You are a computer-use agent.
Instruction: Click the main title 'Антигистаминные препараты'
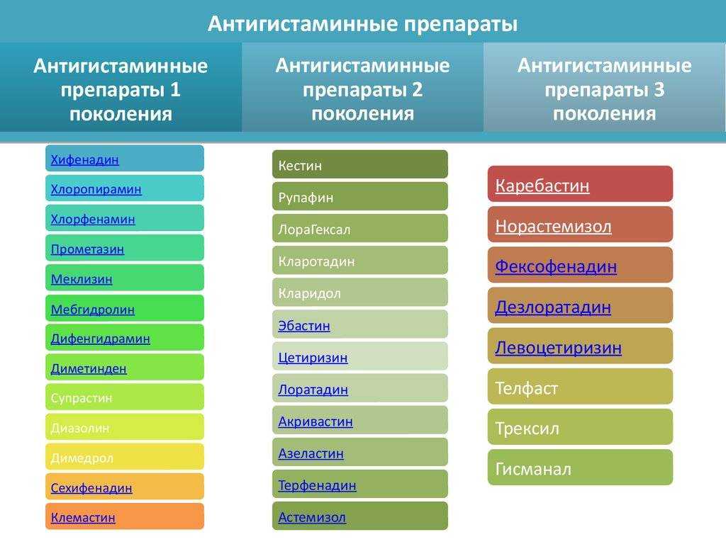(362, 23)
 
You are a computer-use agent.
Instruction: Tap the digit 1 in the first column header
(174, 89)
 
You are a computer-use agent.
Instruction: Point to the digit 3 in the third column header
(659, 89)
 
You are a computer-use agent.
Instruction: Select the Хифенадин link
(85, 159)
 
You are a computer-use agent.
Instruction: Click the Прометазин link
(87, 249)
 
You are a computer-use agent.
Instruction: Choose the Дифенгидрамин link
(101, 339)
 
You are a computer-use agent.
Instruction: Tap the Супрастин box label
(82, 398)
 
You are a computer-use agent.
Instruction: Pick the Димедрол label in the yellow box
(82, 458)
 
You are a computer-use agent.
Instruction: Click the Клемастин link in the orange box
(83, 517)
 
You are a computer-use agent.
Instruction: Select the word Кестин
(300, 165)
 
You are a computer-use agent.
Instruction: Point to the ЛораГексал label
(314, 229)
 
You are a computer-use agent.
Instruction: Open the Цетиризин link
(313, 358)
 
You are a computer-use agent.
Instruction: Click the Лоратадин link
(313, 390)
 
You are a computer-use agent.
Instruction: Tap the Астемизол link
(312, 517)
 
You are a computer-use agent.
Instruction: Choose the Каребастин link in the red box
(542, 186)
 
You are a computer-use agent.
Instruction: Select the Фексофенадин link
(556, 266)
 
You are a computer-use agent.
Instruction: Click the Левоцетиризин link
(559, 348)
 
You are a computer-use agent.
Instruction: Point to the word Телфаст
(527, 388)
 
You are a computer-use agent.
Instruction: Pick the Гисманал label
(533, 469)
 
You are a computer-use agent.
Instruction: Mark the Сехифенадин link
(91, 487)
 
